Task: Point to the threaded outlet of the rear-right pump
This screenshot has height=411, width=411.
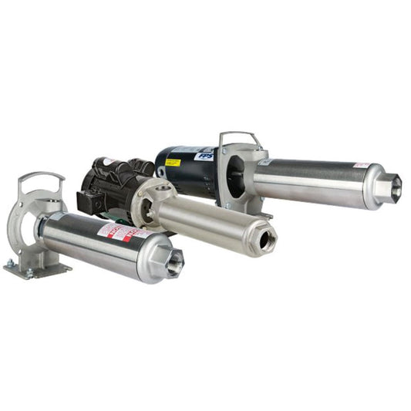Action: point(394,187)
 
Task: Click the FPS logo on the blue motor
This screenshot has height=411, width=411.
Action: point(204,155)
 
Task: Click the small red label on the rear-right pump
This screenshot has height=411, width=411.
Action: point(360,165)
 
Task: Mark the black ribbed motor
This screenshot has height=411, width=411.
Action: point(108,185)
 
